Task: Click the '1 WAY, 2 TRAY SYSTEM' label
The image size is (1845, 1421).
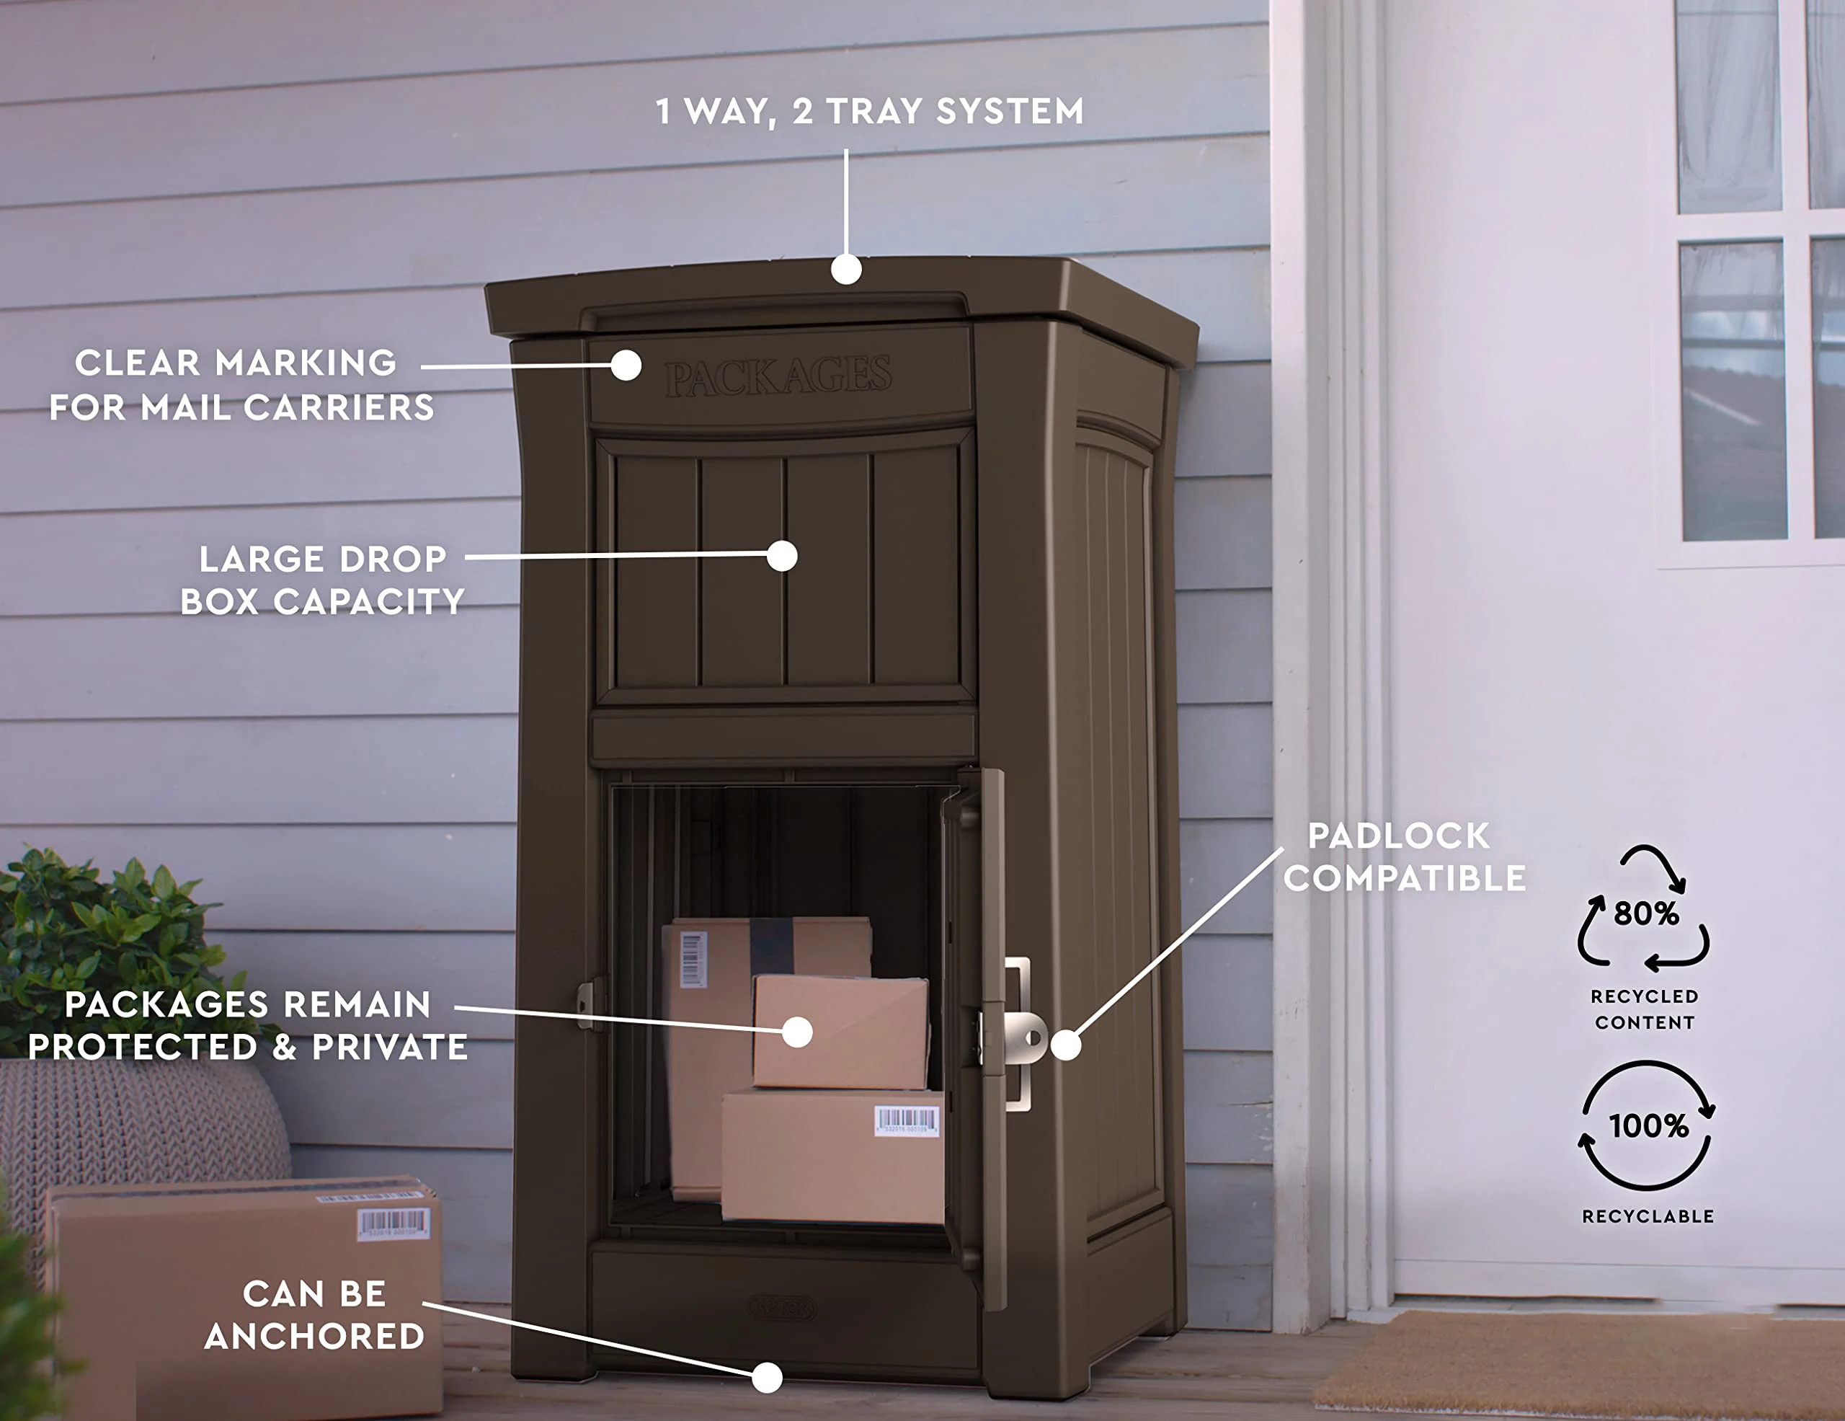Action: [869, 112]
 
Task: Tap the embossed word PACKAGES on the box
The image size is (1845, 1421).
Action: [777, 376]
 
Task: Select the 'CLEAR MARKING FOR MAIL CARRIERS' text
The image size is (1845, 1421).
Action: [241, 385]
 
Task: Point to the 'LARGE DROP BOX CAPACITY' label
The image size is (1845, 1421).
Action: [323, 580]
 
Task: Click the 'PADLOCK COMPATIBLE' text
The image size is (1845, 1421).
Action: [1404, 856]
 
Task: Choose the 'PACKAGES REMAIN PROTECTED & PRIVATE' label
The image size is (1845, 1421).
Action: [247, 1026]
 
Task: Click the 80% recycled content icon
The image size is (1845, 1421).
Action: [1643, 909]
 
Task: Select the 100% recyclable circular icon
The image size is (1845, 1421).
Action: [1647, 1125]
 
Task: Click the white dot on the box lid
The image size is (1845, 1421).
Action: [845, 270]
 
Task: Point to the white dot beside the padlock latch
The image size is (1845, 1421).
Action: [1065, 1045]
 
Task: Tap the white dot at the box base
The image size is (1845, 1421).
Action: [766, 1378]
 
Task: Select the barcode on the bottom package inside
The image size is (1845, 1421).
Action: [907, 1121]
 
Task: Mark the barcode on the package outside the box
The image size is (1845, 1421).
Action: [393, 1223]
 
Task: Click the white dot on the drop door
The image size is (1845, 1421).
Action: [782, 556]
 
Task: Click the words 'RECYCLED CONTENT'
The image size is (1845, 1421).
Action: [1644, 1009]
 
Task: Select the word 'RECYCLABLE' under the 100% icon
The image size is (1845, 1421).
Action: [1648, 1216]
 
